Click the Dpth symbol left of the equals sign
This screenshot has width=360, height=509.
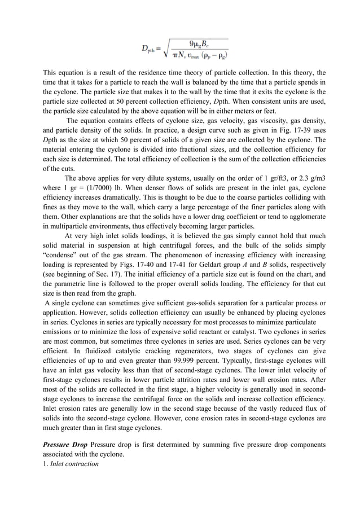point(148,49)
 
